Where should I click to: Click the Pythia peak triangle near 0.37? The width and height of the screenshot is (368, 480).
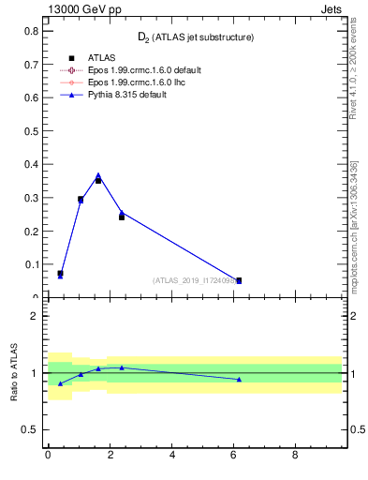point(98,175)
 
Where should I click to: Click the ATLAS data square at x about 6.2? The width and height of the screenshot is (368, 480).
point(239,280)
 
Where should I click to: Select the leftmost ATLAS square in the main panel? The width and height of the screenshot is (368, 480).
point(60,274)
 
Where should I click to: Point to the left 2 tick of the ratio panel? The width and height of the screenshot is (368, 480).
point(34,316)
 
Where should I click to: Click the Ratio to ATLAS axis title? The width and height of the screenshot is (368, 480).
point(13,372)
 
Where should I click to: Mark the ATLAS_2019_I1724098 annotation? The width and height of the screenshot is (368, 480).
point(192,280)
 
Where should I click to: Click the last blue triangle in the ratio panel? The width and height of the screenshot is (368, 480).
point(239,379)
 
